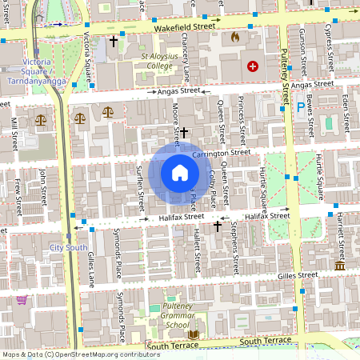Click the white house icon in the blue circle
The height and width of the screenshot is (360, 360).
point(180,173)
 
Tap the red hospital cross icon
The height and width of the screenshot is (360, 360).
point(253,67)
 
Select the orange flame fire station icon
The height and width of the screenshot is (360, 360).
point(234,38)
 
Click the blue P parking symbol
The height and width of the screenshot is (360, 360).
point(301,105)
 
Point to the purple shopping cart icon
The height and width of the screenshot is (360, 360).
point(22,301)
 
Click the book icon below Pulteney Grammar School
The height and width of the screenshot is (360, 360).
point(194,333)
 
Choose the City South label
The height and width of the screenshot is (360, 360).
point(68,248)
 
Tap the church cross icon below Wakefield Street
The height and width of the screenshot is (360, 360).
point(114,40)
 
